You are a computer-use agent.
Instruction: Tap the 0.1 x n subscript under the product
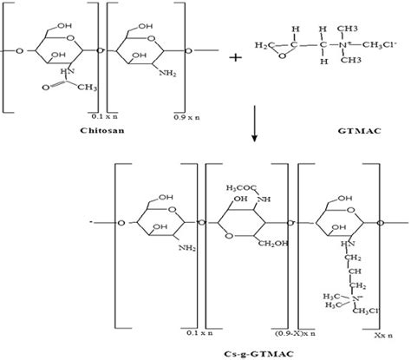(185, 333)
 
